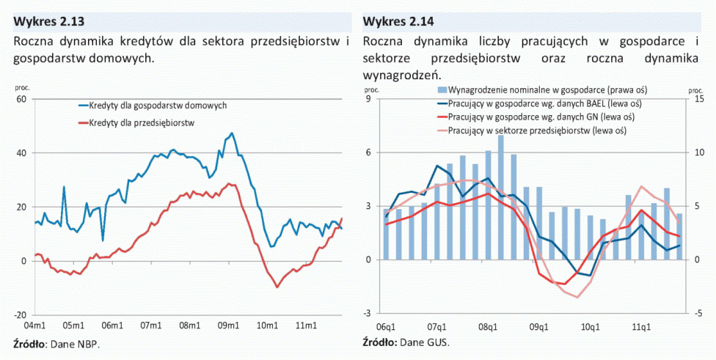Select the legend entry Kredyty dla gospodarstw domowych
tap(157, 106)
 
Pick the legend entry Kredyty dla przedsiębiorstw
tap(140, 123)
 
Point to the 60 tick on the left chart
tap(21, 99)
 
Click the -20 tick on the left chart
tap(19, 314)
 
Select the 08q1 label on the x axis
tap(488, 326)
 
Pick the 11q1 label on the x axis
tap(642, 326)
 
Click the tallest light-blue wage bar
tap(501, 198)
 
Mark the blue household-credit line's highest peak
tap(232, 133)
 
